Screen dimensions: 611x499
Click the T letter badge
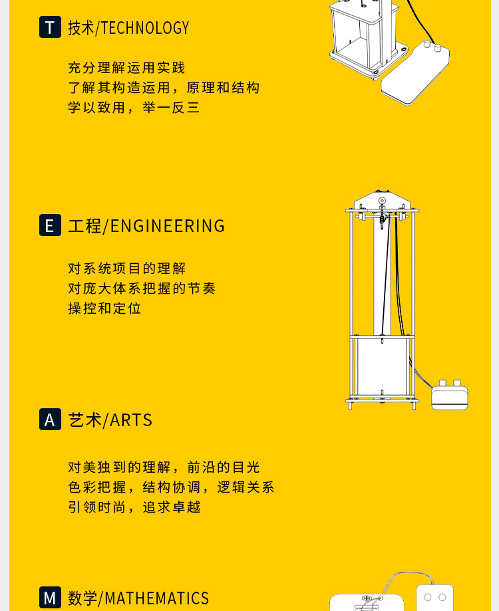point(50,27)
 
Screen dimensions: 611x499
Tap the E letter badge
point(50,225)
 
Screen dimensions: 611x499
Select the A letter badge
point(50,420)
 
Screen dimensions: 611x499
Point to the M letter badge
point(50,597)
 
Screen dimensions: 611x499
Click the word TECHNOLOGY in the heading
point(145,28)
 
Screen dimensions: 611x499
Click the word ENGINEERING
point(168,226)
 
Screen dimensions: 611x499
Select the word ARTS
point(131,420)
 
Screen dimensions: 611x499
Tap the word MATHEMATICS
point(157,598)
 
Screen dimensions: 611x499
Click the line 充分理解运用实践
point(126,68)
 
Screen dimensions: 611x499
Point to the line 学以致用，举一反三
point(134,108)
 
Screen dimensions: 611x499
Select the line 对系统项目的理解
point(126,269)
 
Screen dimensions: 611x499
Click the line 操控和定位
point(104,308)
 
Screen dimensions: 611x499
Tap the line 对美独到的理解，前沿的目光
point(164,467)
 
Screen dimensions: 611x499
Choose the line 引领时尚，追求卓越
point(134,507)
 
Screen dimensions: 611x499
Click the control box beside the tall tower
point(449,396)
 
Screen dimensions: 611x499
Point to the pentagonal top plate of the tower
point(382,201)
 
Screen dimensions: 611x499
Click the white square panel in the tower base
point(381,369)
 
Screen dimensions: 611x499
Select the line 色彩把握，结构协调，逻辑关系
point(171,487)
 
